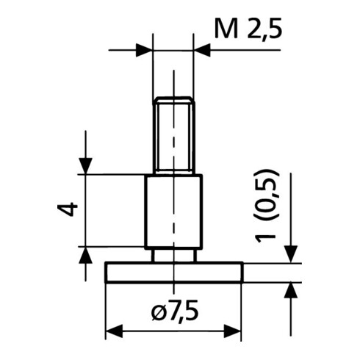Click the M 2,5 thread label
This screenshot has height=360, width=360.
248,29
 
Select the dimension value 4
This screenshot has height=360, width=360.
68,209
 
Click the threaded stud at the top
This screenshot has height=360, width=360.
173,135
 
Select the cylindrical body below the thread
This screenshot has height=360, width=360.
173,212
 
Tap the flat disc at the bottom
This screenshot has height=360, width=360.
174,273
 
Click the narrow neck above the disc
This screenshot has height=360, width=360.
174,256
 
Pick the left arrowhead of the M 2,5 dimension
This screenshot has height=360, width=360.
144,50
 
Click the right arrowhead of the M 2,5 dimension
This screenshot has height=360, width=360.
202,50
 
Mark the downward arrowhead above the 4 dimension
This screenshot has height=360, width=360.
85,166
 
